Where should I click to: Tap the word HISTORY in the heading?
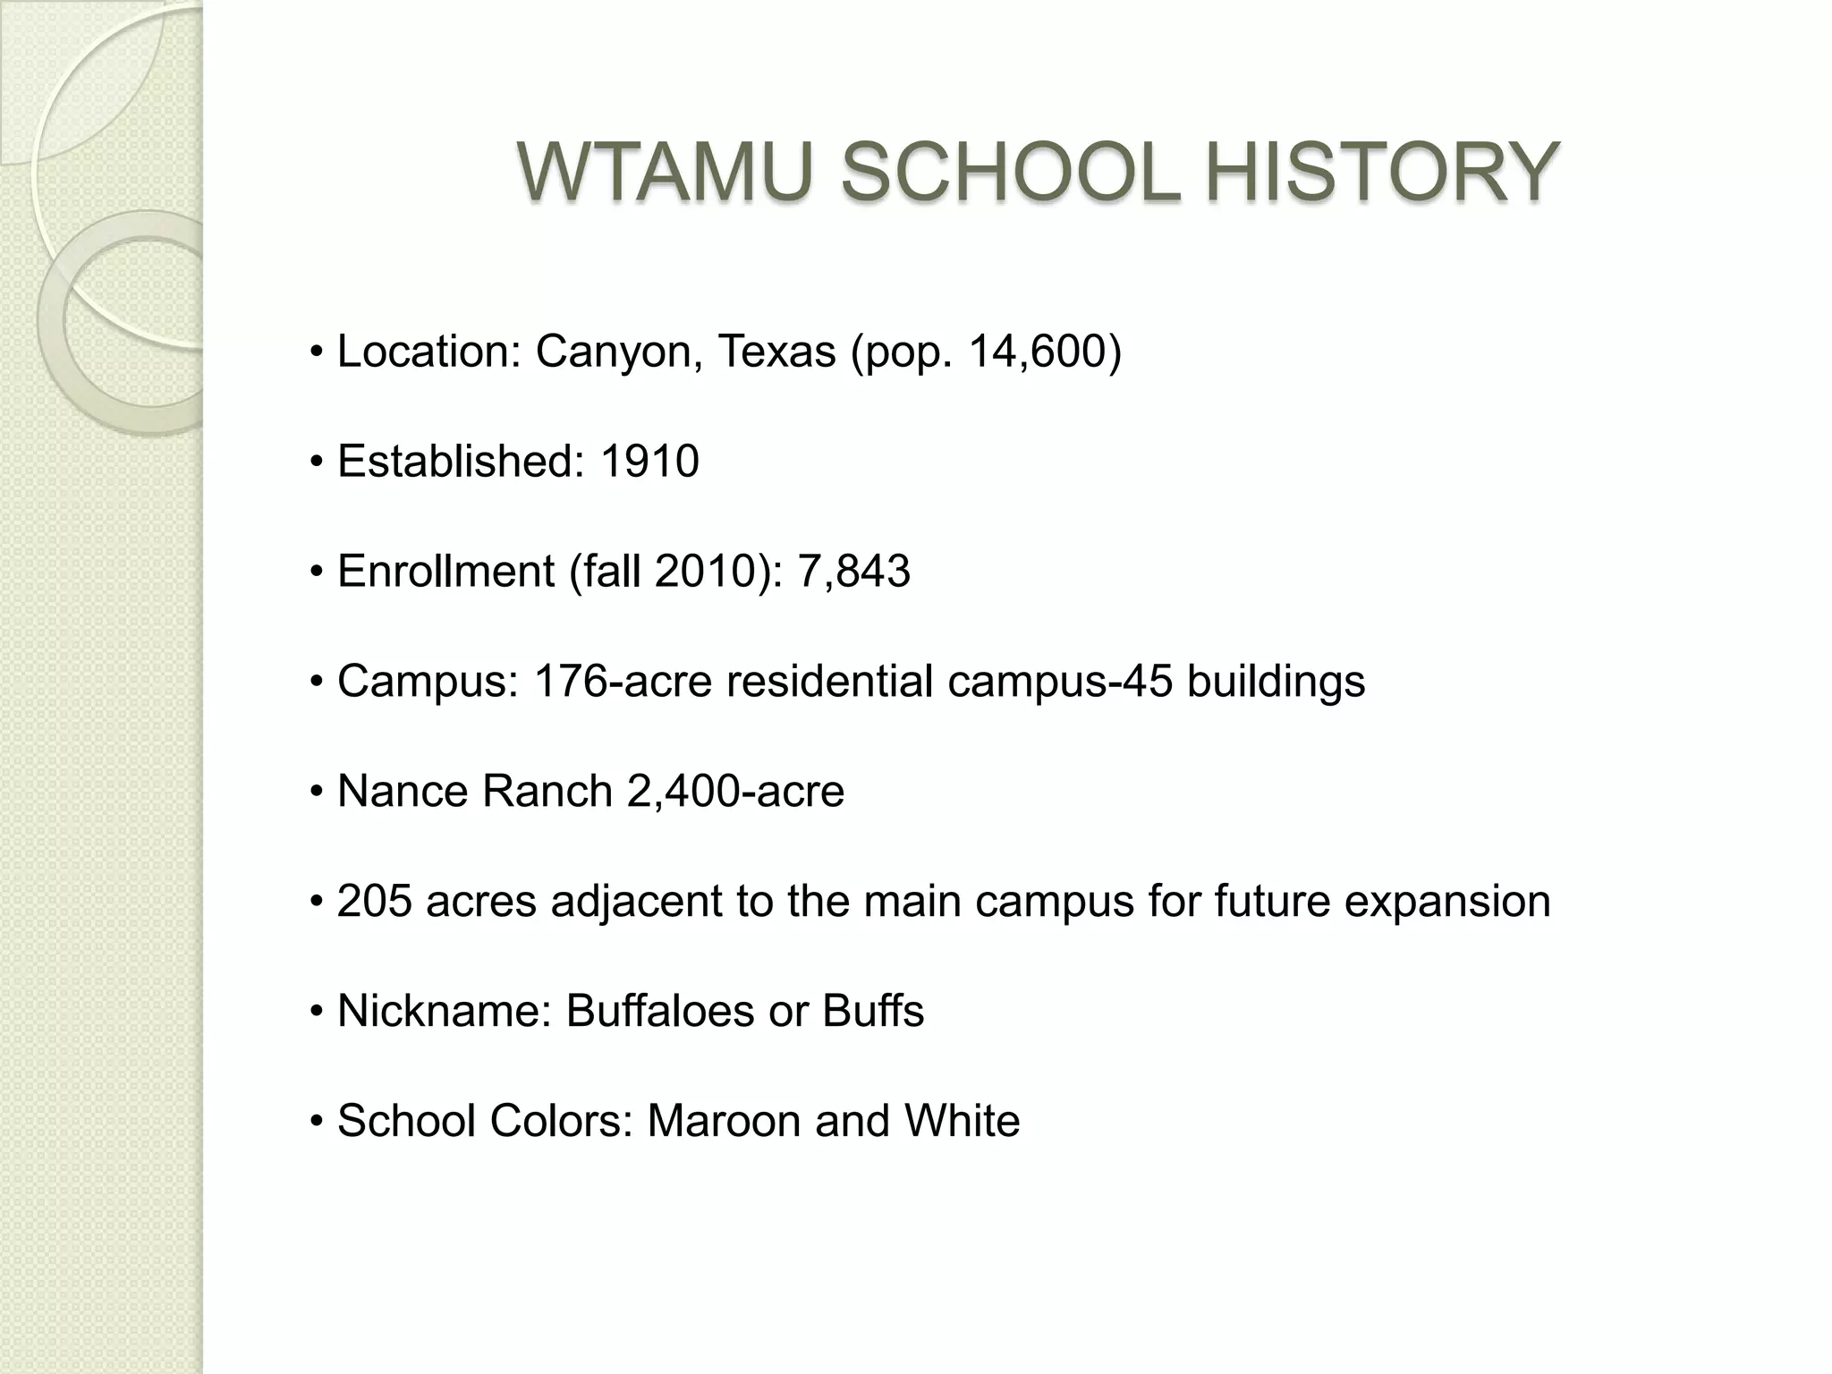pos(1381,172)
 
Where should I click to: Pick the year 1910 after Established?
pos(649,462)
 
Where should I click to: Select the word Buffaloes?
pos(659,1012)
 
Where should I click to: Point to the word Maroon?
pos(723,1122)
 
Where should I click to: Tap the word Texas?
pos(776,352)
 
